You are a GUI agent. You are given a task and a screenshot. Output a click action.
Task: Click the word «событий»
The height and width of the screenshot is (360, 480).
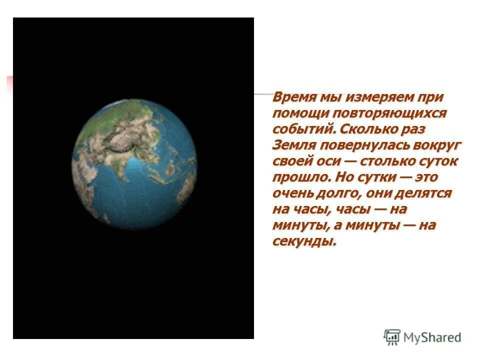click(303, 129)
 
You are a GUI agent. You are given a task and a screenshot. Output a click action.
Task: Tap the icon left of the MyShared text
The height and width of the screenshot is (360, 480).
click(392, 337)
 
